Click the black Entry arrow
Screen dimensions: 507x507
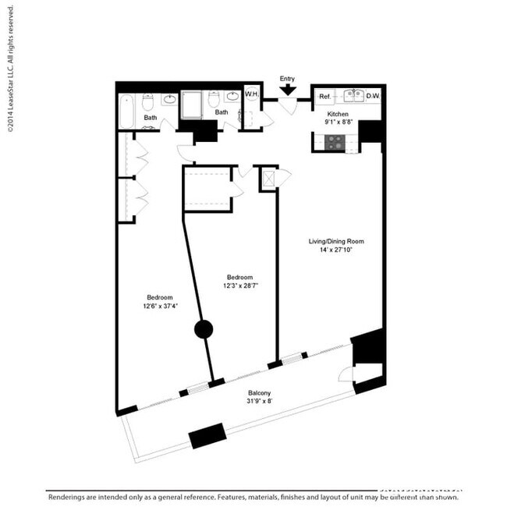[x=288, y=90]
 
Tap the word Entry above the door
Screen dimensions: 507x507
[x=288, y=78]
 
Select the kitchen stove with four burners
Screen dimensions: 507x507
[x=335, y=142]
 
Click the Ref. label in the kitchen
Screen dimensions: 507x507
[x=325, y=97]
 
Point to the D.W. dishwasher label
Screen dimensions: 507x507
[x=373, y=97]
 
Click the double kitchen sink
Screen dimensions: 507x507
[x=349, y=96]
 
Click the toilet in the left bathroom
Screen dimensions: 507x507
[x=149, y=101]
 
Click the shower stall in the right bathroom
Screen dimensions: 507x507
[x=192, y=105]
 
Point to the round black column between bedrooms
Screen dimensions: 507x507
[x=204, y=329]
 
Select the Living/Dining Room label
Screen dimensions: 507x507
[x=335, y=242]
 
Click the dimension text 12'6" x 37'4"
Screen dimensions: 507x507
[x=160, y=307]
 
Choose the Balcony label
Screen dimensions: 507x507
[x=260, y=393]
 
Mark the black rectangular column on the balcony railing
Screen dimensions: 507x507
[x=207, y=435]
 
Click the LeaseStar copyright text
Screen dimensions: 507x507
[x=10, y=71]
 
